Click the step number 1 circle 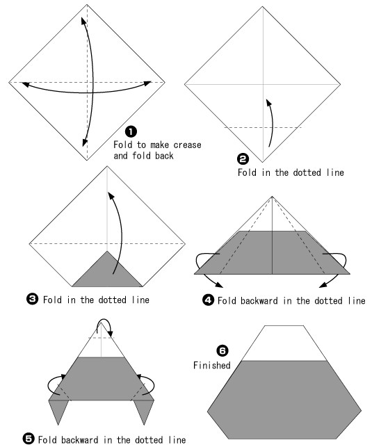pyautogui.click(x=131, y=131)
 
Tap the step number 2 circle pyautogui.click(x=243, y=159)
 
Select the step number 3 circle pyautogui.click(x=32, y=299)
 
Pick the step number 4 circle pyautogui.click(x=208, y=300)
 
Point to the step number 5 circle pyautogui.click(x=29, y=439)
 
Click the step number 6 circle pyautogui.click(x=222, y=350)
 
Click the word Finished pyautogui.click(x=211, y=365)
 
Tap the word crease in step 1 pyautogui.click(x=187, y=145)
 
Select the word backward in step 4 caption pyautogui.click(x=259, y=300)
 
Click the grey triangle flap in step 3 pyautogui.click(x=107, y=273)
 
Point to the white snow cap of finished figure pyautogui.click(x=284, y=343)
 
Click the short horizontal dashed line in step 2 pyautogui.click(x=263, y=127)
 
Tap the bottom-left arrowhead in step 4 pyautogui.click(x=219, y=284)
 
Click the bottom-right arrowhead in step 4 pyautogui.click(x=323, y=284)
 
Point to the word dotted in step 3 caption pyautogui.click(x=112, y=300)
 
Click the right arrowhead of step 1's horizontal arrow pyautogui.click(x=147, y=83)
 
